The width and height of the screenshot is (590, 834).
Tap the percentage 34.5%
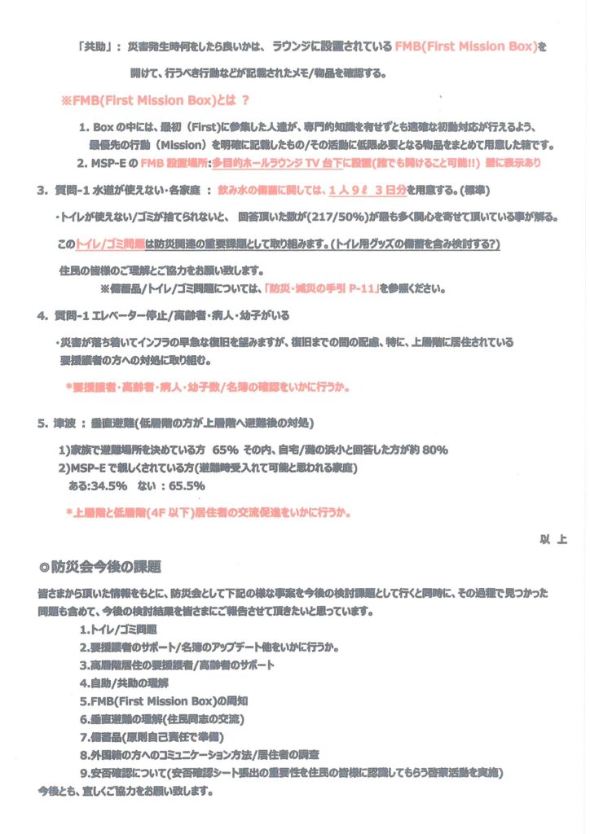(108, 485)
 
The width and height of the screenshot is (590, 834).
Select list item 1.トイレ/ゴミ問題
(117, 630)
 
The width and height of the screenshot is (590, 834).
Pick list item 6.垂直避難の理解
(162, 718)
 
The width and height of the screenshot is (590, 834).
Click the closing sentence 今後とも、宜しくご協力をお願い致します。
(125, 789)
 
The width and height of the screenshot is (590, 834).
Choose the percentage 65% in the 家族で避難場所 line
(225, 450)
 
